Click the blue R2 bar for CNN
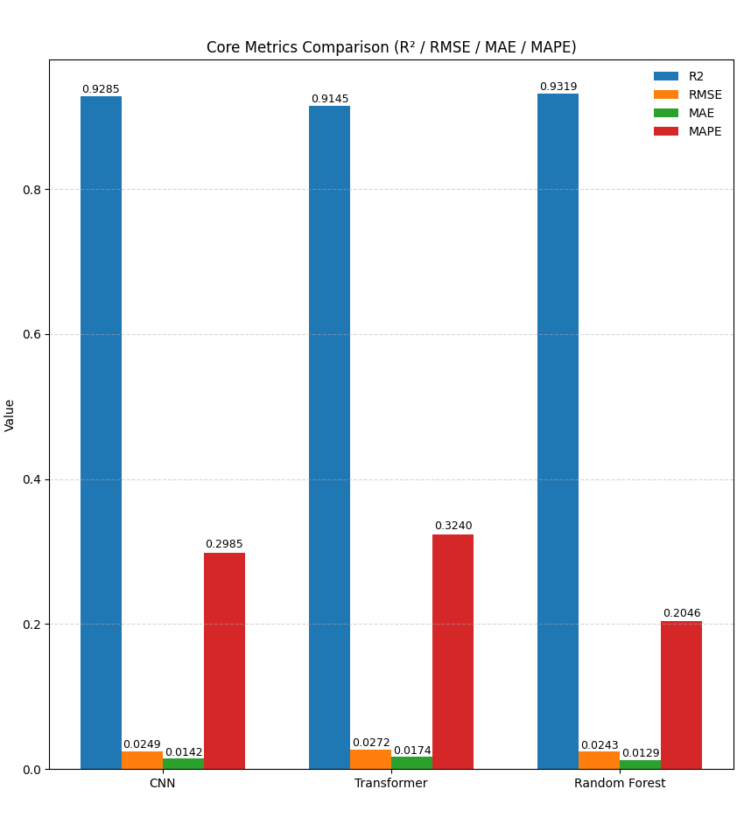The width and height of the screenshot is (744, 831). pos(101,433)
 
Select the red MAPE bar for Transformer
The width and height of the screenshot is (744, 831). pos(453,652)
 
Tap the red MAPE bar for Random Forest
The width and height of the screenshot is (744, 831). pos(681,695)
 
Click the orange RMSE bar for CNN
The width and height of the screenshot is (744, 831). pos(142,760)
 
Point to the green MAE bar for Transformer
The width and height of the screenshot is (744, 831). pos(411,763)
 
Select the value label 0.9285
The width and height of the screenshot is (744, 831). pos(101,89)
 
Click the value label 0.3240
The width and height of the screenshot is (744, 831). pos(453,526)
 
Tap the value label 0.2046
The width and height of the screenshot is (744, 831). pos(681,613)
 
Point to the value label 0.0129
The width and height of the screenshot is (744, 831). pos(640,753)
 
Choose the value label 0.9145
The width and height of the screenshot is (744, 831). pos(329,99)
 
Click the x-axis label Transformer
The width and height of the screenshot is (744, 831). pos(390,784)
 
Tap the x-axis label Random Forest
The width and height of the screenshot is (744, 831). pos(619,784)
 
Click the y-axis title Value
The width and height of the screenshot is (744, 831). pos(11,415)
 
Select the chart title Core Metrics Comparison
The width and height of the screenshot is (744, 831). pos(390,47)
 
